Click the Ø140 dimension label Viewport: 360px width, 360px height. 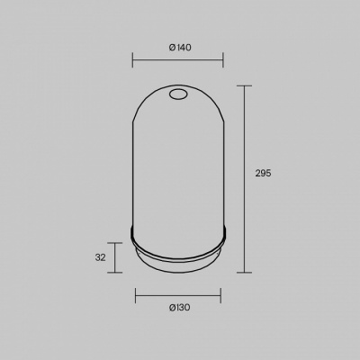click(180, 48)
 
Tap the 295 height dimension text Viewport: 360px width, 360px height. click(263, 173)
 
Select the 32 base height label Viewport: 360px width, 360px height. click(100, 257)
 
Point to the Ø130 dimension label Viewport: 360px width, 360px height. click(179, 308)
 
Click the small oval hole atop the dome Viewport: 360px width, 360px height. click(178, 94)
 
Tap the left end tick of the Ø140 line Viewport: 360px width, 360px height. click(132, 59)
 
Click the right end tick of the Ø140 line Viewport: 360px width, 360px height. click(223, 59)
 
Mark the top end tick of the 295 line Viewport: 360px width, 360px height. click(244, 86)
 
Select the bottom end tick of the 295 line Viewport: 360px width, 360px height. click(244, 273)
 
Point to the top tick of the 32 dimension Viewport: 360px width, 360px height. click(115, 243)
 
